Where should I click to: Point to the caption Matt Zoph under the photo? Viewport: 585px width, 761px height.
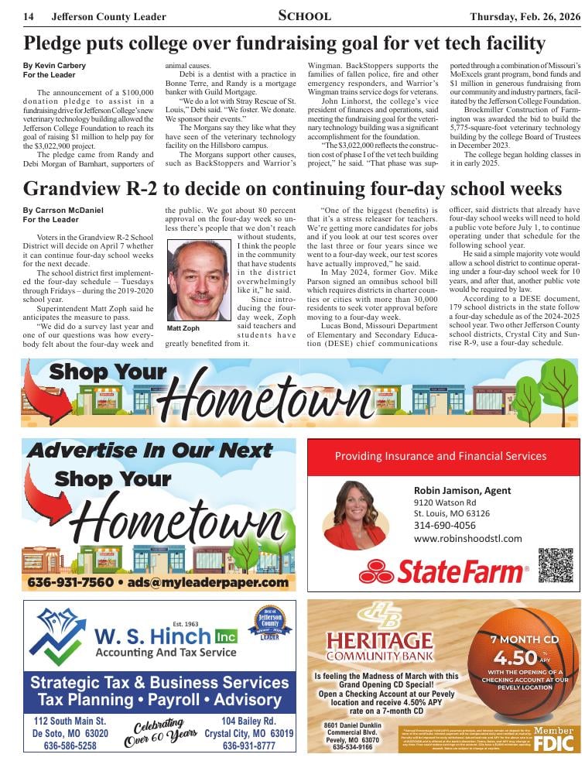(183, 329)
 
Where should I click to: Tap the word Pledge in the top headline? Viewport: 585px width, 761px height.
(53, 43)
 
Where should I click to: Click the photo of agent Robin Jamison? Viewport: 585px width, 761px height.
(354, 515)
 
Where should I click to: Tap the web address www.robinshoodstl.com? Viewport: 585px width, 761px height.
(468, 539)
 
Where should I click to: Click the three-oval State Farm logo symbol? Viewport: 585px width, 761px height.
(377, 573)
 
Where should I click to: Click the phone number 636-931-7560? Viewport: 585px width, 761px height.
(71, 582)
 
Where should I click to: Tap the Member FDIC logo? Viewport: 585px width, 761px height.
(554, 739)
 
